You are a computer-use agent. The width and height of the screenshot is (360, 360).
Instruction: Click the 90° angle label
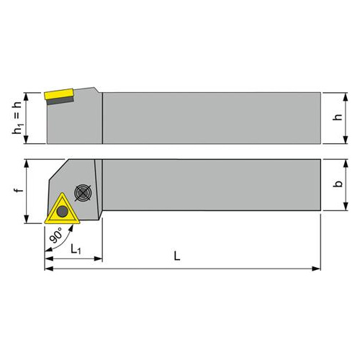coord(55,235)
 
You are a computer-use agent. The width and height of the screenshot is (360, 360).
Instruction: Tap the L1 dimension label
coord(76,249)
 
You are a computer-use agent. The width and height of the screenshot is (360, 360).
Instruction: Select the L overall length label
coord(177,256)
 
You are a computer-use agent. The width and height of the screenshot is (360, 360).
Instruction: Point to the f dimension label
coord(19,190)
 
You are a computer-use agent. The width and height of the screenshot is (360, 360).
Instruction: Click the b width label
coord(338,184)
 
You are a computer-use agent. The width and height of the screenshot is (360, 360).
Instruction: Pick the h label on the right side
coord(338,117)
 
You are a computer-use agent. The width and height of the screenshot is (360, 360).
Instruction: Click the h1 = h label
coord(17,117)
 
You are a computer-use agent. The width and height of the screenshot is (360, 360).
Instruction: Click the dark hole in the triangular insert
coord(63,211)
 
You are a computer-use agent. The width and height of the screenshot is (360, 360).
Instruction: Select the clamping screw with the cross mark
coord(83,192)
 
